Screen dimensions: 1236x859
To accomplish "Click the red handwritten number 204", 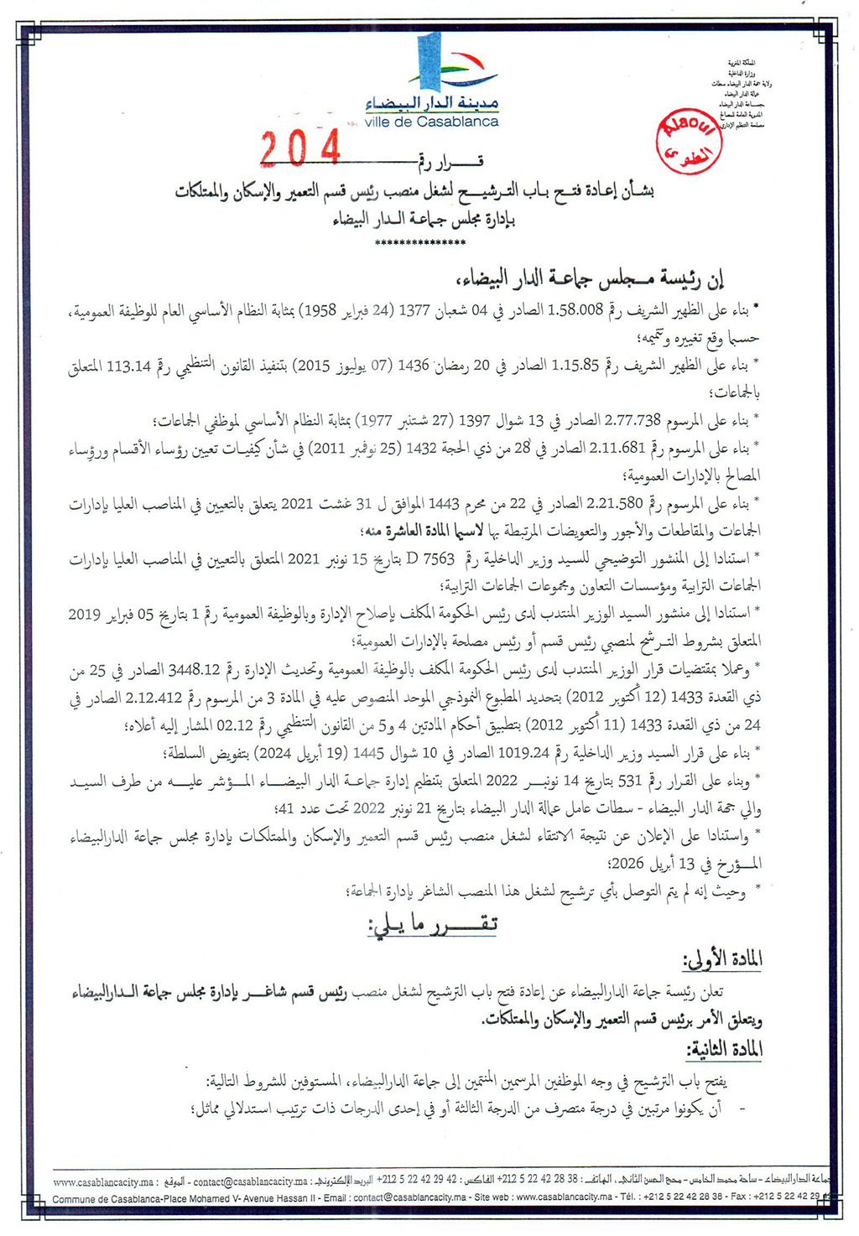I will pos(300,149).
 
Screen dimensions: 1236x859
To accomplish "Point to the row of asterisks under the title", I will pos(420,243).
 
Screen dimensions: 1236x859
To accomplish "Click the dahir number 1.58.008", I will pos(575,310).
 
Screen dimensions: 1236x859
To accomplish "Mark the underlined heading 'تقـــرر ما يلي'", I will pos(431,924).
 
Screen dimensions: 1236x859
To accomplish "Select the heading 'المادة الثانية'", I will pos(724,1051).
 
